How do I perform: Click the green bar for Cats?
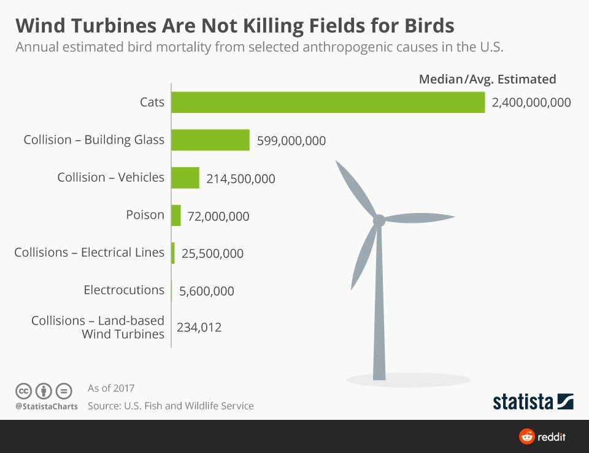[328, 103]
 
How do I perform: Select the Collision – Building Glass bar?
[210, 140]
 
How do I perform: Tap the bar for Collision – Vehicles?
[185, 178]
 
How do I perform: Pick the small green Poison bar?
[176, 215]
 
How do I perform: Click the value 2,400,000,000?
[531, 103]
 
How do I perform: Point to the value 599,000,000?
[291, 141]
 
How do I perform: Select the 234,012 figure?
[199, 327]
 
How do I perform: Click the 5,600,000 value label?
[207, 291]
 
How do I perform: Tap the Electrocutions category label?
[124, 290]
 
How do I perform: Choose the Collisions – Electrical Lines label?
[90, 252]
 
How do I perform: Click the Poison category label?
[145, 215]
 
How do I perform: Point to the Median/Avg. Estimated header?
[487, 79]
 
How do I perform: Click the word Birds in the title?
[429, 26]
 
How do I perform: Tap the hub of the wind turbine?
[379, 220]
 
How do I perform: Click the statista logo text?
[523, 402]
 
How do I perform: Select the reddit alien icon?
[526, 436]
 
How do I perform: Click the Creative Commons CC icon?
[23, 391]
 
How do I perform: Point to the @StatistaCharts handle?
[47, 406]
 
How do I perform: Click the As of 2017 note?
[111, 388]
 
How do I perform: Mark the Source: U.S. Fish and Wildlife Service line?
[171, 406]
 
